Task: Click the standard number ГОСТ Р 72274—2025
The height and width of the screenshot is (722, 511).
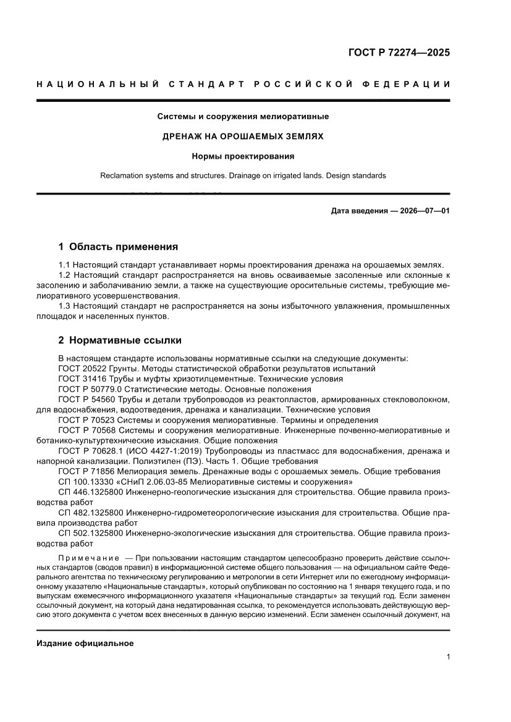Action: pyautogui.click(x=398, y=52)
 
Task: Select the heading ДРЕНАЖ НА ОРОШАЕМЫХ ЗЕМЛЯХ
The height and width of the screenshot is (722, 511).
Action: pyautogui.click(x=243, y=136)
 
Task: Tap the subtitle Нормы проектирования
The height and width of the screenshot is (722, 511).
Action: pyautogui.click(x=243, y=156)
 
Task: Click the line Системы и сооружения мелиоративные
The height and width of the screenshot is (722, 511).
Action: pyautogui.click(x=243, y=116)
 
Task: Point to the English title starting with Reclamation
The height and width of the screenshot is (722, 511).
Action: pyautogui.click(x=243, y=175)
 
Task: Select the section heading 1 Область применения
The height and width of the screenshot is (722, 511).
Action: pyautogui.click(x=118, y=247)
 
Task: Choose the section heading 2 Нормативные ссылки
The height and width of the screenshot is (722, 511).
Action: pyautogui.click(x=119, y=340)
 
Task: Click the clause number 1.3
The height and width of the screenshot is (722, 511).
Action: pyautogui.click(x=64, y=306)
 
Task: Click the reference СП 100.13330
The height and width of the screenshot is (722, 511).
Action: pyautogui.click(x=84, y=482)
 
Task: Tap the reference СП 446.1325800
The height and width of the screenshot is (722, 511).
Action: pyautogui.click(x=88, y=492)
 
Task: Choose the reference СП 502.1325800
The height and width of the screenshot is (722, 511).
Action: pyautogui.click(x=88, y=533)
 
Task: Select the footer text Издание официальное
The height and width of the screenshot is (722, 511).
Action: pyautogui.click(x=85, y=643)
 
